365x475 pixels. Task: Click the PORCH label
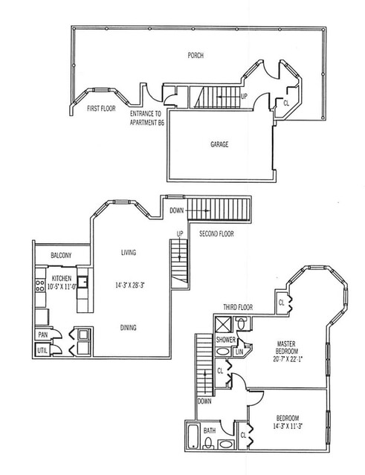pyautogui.click(x=196, y=56)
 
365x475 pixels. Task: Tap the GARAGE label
pyautogui.click(x=219, y=144)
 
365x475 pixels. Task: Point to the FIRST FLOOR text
pyautogui.click(x=101, y=108)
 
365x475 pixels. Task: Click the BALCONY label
pyautogui.click(x=61, y=256)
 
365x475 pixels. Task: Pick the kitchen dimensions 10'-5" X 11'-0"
pyautogui.click(x=62, y=286)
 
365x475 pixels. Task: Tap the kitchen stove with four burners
pyautogui.click(x=40, y=285)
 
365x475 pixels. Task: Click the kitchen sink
pyautogui.click(x=83, y=282)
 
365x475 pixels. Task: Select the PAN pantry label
pyautogui.click(x=43, y=335)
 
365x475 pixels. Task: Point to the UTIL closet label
pyautogui.click(x=42, y=351)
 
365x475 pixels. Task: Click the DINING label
pyautogui.click(x=128, y=328)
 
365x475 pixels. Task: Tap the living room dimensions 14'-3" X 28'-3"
pyautogui.click(x=129, y=285)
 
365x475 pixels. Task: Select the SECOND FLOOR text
pyautogui.click(x=216, y=233)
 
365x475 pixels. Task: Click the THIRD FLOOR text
pyautogui.click(x=238, y=307)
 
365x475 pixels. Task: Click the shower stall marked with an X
pyautogui.click(x=223, y=325)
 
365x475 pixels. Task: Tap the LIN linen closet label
pyautogui.click(x=239, y=352)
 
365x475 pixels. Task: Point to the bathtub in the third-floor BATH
pyautogui.click(x=193, y=437)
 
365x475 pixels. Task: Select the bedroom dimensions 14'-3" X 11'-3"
pyautogui.click(x=288, y=426)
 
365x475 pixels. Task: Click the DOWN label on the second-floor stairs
pyautogui.click(x=177, y=210)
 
